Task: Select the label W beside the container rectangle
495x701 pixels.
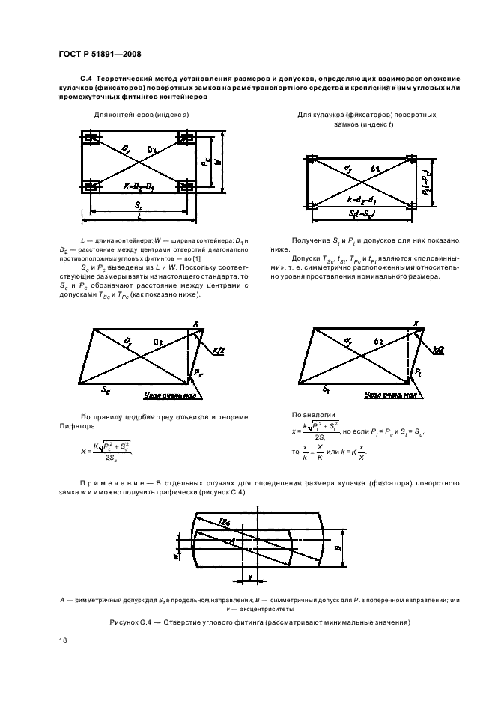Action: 217,161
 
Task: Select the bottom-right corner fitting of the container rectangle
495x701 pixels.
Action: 185,183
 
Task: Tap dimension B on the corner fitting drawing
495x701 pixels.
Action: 338,547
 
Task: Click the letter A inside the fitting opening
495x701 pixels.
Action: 234,538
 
